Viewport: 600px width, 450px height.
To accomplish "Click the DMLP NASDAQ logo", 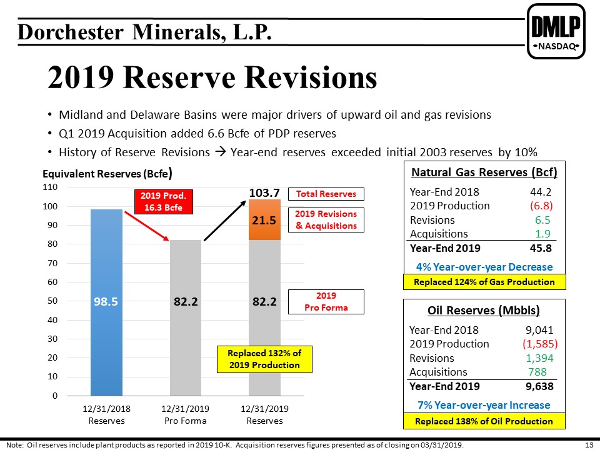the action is [x=556, y=31].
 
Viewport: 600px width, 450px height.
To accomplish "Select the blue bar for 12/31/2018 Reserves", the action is [x=106, y=302].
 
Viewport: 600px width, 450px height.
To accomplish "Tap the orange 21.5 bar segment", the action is [x=264, y=219].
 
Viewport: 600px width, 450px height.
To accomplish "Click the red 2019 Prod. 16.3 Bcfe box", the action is [x=163, y=202].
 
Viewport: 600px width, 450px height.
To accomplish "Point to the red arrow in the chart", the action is [x=147, y=226].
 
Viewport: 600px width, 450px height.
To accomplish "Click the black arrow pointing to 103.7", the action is [x=225, y=221].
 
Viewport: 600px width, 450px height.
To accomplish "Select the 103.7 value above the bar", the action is [x=264, y=192].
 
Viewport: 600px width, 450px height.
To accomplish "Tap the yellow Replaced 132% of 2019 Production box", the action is [x=264, y=359].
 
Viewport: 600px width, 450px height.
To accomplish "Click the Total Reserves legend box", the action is [x=326, y=194].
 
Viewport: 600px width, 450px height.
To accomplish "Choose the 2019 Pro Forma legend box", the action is [x=326, y=302].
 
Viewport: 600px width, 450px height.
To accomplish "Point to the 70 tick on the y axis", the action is [x=52, y=263].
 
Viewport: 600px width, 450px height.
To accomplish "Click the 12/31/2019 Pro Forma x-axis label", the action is [x=185, y=415].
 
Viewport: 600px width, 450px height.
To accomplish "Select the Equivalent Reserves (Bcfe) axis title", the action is [x=107, y=174].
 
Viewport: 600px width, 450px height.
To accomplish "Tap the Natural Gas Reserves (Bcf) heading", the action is [x=484, y=172].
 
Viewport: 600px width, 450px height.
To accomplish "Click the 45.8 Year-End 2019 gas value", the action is [x=541, y=248].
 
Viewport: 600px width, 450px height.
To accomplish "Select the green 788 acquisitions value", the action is [x=537, y=372].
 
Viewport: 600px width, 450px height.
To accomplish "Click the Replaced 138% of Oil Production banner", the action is [x=484, y=421].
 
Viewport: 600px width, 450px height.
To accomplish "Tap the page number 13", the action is [x=589, y=445].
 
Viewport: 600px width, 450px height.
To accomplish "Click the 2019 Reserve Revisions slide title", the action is [x=212, y=77].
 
